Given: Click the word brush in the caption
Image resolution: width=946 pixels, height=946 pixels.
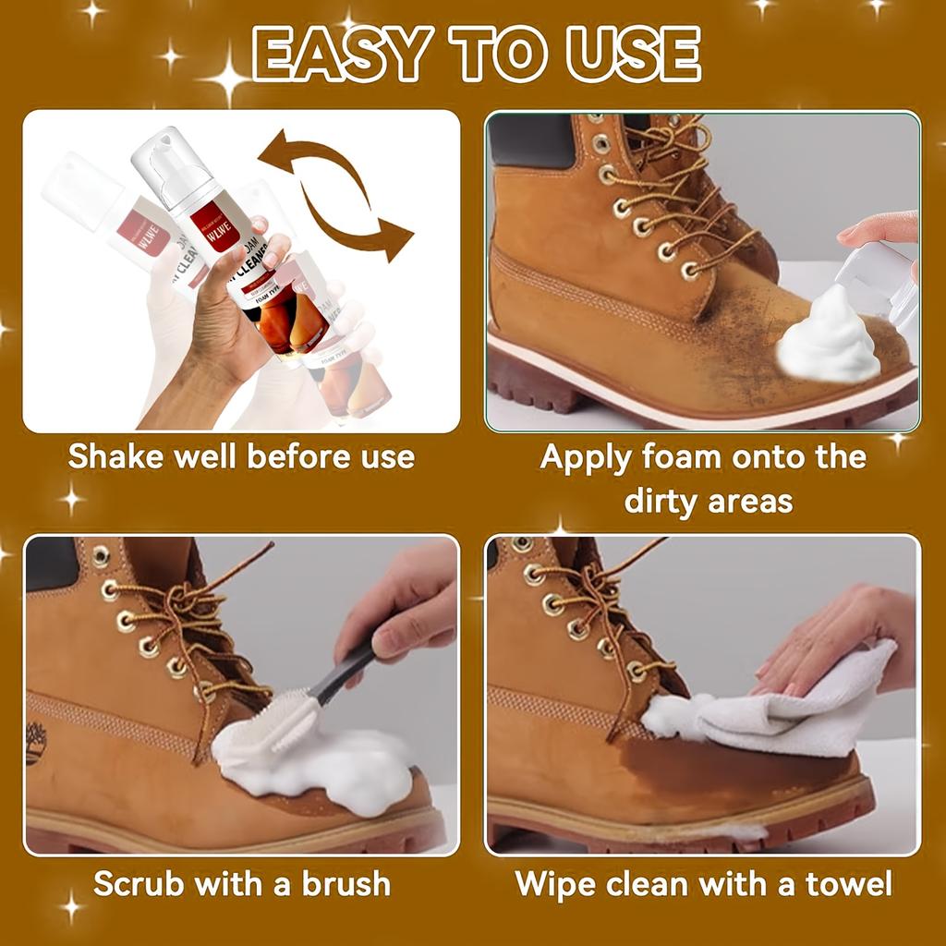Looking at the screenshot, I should point(345,883).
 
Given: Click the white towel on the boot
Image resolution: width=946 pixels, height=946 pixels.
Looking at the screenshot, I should point(794,707).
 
